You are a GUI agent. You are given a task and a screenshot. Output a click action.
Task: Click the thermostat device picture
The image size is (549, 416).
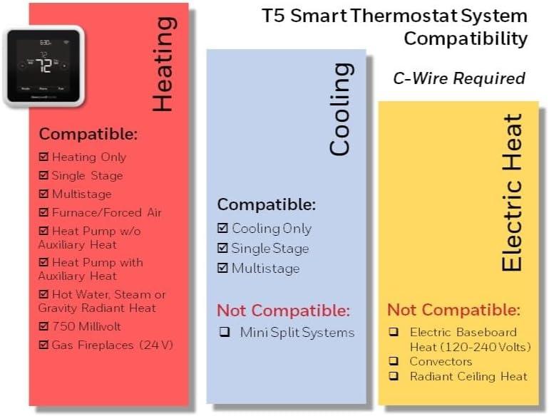(43, 66)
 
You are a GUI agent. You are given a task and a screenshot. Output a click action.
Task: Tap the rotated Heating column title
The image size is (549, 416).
(163, 64)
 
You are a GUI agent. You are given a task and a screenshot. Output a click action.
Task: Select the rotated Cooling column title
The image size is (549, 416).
(340, 109)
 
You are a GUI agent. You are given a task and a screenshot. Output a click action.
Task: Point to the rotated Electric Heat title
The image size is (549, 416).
(511, 192)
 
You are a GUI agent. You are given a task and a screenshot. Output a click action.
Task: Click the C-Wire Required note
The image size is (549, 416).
(459, 78)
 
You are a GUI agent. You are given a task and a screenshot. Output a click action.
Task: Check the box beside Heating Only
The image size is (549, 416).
(43, 157)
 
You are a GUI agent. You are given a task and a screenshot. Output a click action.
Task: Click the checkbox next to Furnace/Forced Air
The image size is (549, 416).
(43, 212)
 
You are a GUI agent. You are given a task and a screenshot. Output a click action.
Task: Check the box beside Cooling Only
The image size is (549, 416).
(222, 229)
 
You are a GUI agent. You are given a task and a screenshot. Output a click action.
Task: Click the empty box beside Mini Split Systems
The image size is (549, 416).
(225, 333)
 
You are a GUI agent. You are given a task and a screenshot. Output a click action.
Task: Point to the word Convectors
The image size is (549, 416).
(441, 361)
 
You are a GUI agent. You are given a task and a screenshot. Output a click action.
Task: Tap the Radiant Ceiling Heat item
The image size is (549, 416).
(468, 376)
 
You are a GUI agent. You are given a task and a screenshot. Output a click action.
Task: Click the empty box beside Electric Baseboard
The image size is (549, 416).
(394, 333)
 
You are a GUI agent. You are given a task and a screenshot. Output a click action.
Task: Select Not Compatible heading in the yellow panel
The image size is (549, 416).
(453, 310)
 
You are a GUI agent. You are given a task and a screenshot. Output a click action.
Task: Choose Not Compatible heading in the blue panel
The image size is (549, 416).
(283, 311)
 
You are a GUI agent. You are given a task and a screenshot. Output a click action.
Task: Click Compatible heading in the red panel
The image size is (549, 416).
(88, 134)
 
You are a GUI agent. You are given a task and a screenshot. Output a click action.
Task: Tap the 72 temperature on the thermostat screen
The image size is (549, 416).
(45, 67)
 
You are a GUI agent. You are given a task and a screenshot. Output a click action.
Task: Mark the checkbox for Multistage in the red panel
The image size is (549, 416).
(43, 194)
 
